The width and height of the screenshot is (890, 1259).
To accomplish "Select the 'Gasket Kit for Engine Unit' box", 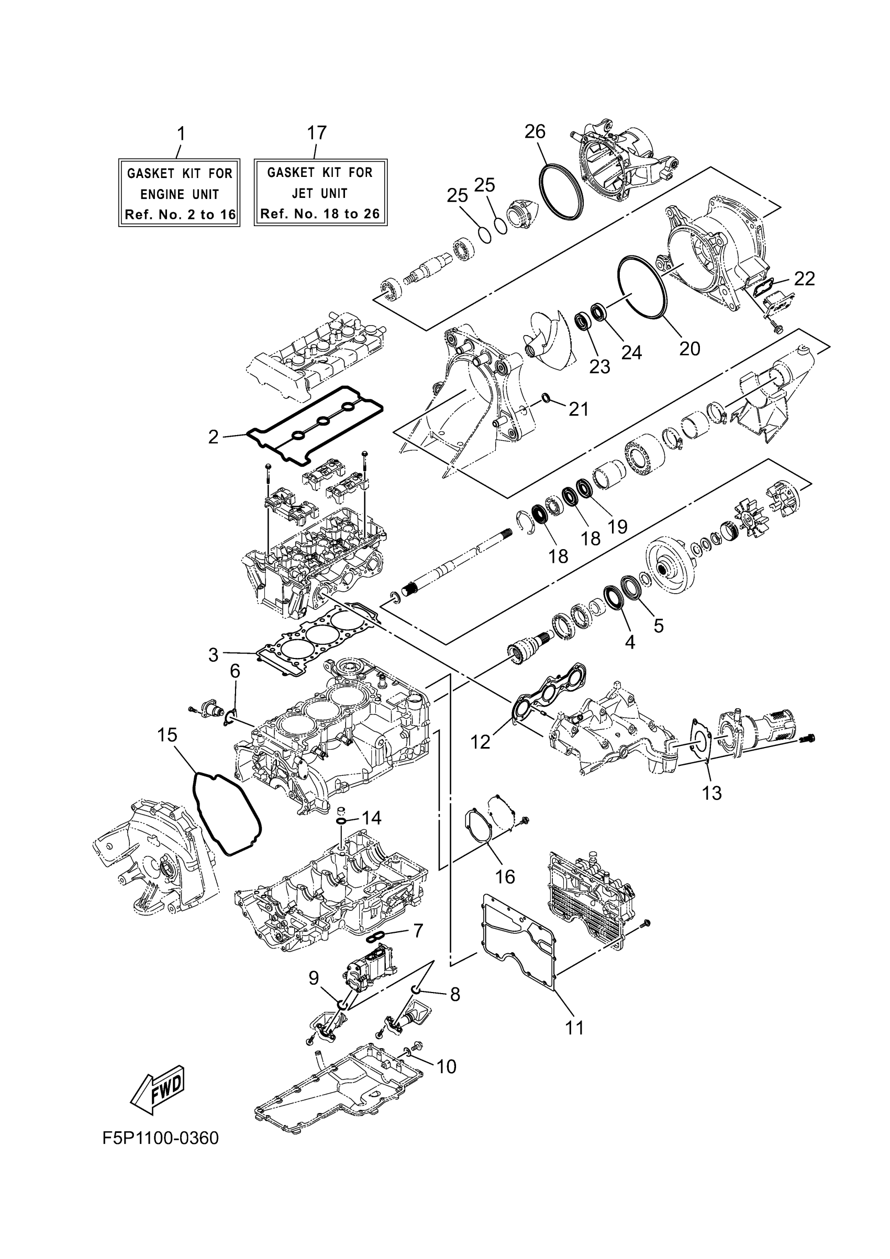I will click(x=180, y=193).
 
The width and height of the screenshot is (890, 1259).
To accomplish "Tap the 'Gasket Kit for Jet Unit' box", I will click(x=320, y=193).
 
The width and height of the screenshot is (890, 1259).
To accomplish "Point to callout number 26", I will click(x=535, y=131).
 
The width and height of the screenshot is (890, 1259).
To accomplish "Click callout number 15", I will click(x=167, y=735).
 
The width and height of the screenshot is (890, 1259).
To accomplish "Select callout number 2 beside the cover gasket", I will click(x=213, y=437).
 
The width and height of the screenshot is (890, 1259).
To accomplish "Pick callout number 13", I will click(x=712, y=793).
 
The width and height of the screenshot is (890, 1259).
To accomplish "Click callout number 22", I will click(x=805, y=278).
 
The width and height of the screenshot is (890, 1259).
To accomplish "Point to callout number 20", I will click(x=690, y=348).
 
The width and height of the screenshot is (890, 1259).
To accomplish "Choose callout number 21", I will click(x=579, y=409).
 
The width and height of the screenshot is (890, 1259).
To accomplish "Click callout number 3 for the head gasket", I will click(x=213, y=654).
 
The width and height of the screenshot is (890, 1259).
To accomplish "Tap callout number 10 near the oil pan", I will click(x=447, y=1066).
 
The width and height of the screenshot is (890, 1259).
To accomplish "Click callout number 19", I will click(x=617, y=527).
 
